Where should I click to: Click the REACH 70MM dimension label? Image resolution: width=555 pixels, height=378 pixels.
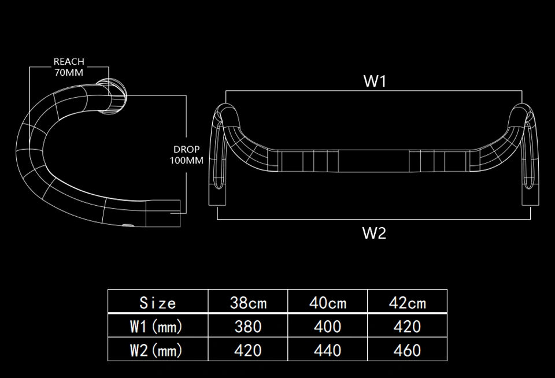click(69, 67)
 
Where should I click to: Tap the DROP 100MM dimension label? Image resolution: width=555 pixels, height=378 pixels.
click(187, 155)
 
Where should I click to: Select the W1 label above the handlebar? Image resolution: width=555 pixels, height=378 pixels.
click(375, 81)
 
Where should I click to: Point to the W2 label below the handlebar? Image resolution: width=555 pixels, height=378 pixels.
click(374, 233)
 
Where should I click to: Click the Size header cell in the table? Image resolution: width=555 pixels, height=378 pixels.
click(158, 303)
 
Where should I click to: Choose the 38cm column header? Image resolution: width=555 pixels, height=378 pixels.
click(248, 303)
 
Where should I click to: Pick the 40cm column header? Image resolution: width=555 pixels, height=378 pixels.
click(328, 303)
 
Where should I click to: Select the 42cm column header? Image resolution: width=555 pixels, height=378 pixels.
click(408, 303)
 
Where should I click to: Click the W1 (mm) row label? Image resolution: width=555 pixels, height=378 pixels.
click(156, 327)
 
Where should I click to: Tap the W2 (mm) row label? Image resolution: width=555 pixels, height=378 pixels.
click(156, 350)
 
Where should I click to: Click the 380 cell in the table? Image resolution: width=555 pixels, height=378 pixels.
click(248, 327)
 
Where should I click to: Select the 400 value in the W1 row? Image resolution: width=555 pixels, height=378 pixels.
click(328, 327)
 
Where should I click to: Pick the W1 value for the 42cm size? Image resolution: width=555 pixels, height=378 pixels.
click(408, 327)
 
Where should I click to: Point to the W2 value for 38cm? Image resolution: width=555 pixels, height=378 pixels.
click(248, 350)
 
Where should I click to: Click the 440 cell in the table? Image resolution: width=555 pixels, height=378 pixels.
click(328, 350)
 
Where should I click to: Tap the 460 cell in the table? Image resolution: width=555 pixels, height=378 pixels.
click(408, 350)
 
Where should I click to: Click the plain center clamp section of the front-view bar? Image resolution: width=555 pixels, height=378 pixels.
click(374, 161)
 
